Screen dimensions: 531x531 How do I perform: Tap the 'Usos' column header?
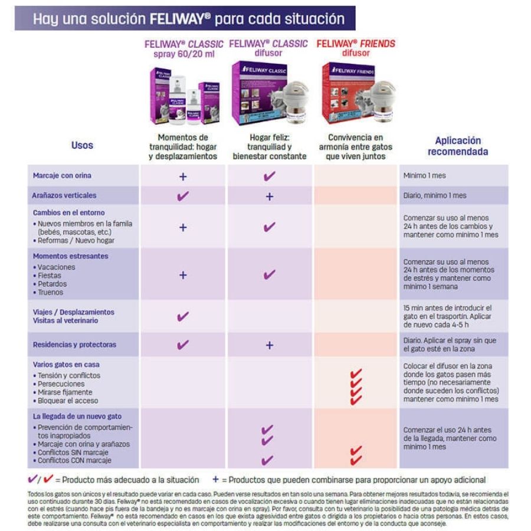(x=82, y=145)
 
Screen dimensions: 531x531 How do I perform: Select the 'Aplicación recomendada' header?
(x=458, y=146)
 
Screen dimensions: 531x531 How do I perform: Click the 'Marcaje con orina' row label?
(x=62, y=176)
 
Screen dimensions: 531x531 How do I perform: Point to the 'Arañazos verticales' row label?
(x=64, y=195)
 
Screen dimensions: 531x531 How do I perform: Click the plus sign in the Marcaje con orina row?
(x=183, y=176)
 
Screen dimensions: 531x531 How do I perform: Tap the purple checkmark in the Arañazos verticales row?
(x=183, y=196)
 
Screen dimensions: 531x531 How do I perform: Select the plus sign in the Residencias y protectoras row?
(x=269, y=345)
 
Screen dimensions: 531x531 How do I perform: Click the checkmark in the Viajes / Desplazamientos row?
(x=183, y=317)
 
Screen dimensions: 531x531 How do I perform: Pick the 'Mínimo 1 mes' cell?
(x=425, y=176)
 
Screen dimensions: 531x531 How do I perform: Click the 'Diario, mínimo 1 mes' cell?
(x=435, y=195)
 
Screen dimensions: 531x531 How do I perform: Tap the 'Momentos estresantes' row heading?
(x=70, y=257)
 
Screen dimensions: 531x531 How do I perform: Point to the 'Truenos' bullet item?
(x=50, y=292)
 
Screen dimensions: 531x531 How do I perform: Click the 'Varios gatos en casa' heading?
(x=66, y=365)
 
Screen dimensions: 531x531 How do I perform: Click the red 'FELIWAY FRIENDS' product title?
(x=356, y=44)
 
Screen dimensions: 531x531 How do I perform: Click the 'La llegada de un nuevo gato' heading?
(x=77, y=417)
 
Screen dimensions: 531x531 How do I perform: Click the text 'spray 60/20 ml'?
(x=184, y=54)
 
